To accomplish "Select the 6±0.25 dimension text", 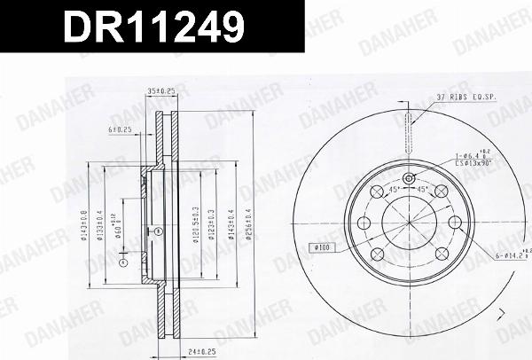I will click(120, 129).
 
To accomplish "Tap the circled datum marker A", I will click(123, 262).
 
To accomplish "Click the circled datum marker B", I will click(159, 232).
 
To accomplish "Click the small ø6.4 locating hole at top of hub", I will click(408, 181).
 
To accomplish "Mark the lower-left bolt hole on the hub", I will click(376, 254).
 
